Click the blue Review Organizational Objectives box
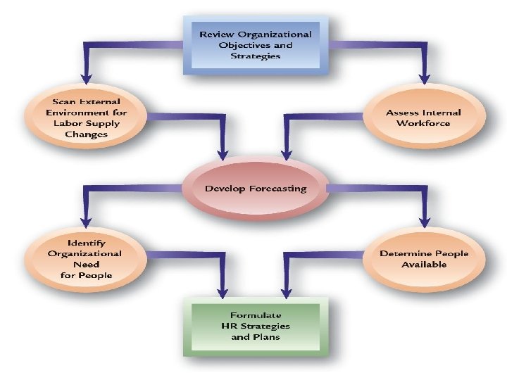pos(256,45)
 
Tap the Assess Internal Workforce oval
pos(423,118)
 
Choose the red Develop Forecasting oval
pos(256,189)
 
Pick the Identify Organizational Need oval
pos(85,258)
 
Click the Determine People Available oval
pos(423,258)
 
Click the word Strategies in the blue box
pos(256,56)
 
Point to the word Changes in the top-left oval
pos(85,133)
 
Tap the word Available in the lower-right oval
pos(423,265)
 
